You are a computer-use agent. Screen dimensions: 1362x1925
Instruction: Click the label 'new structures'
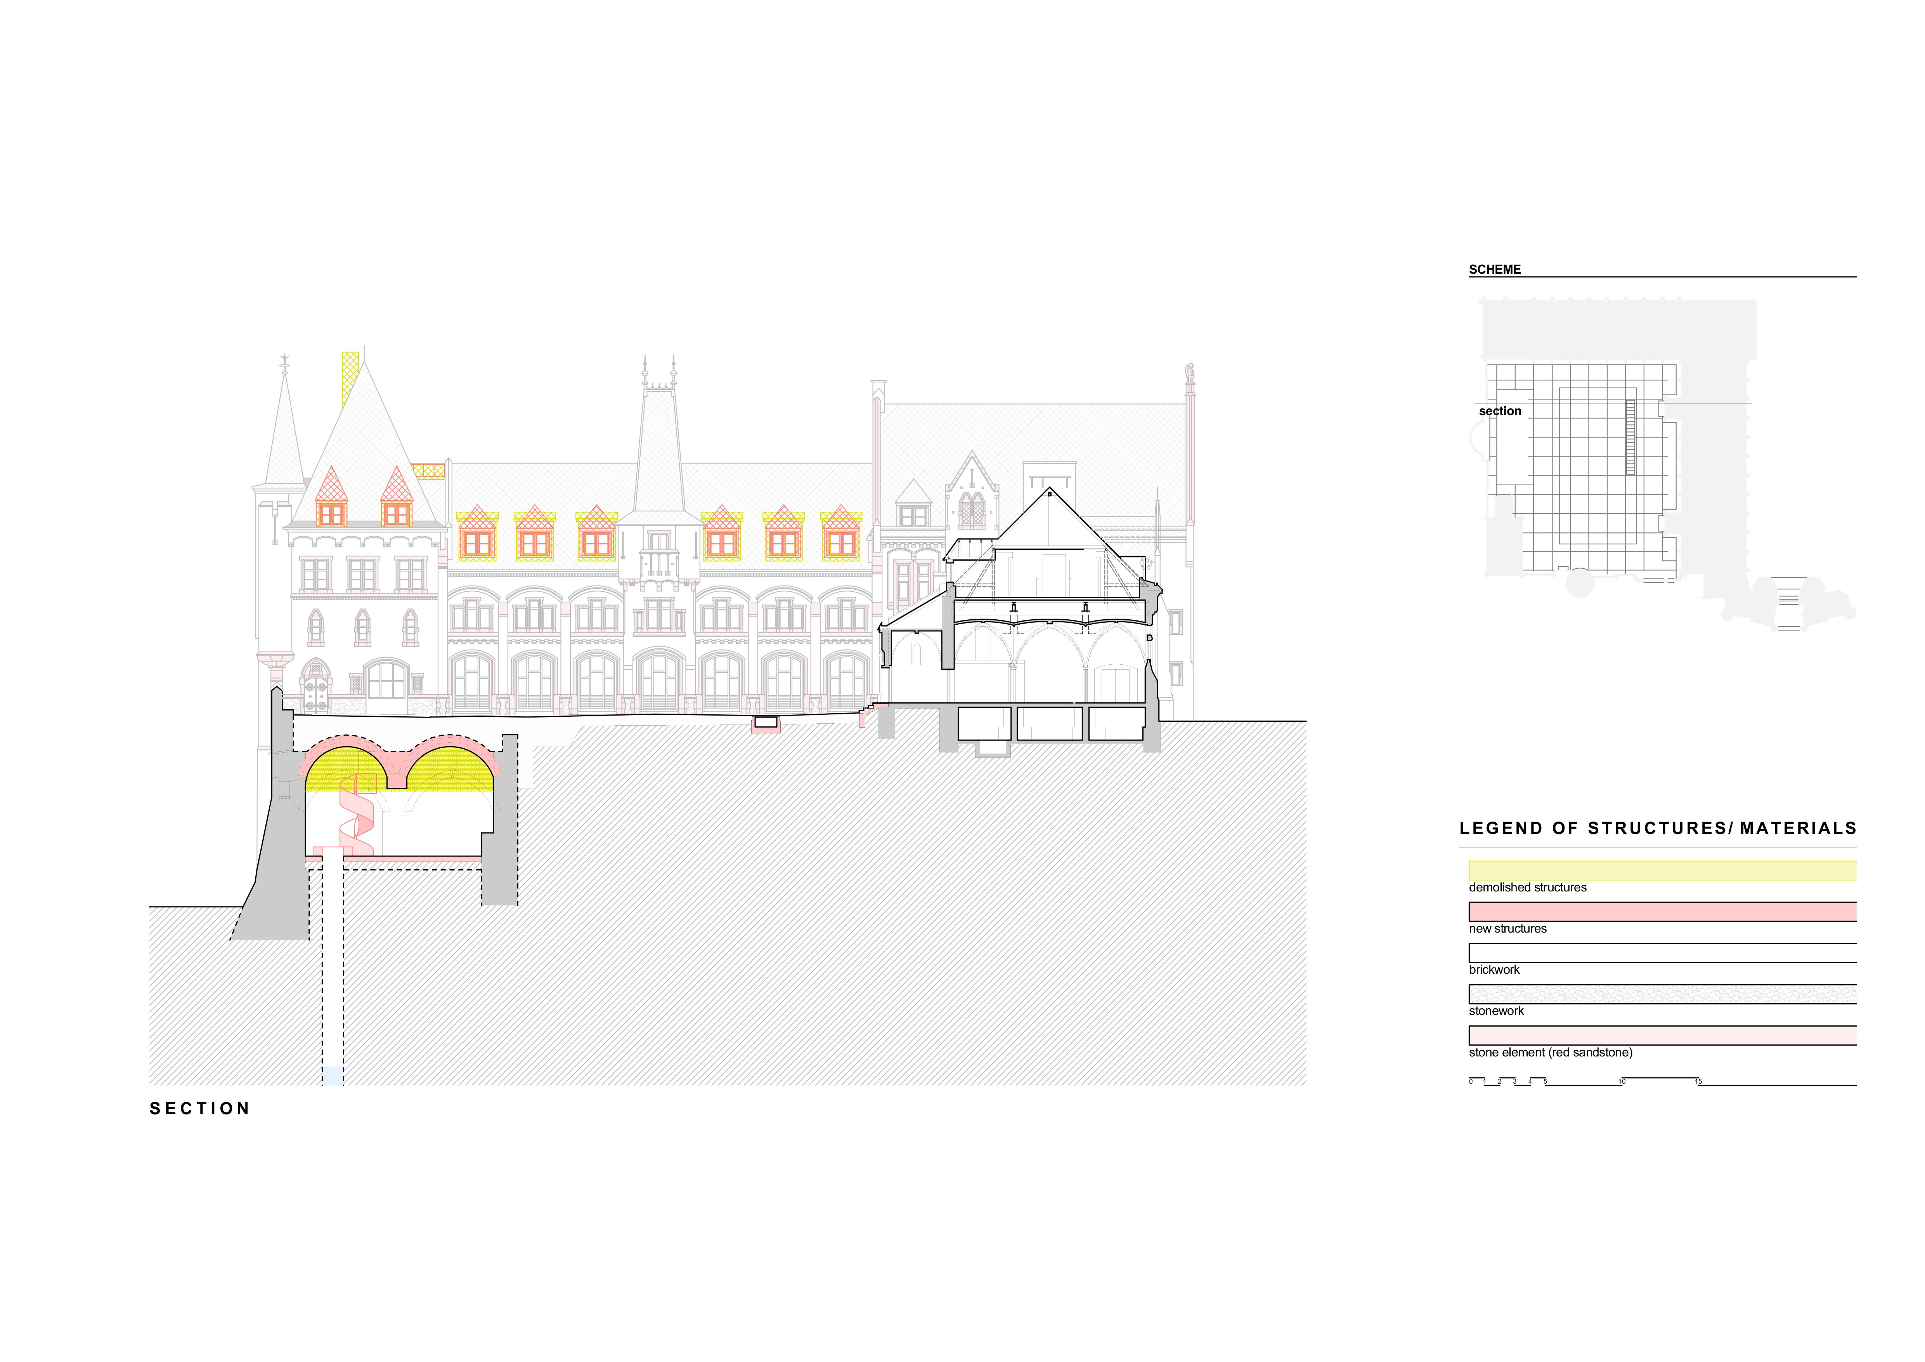(1507, 928)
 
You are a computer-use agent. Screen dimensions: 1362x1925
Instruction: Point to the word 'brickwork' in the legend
(1494, 969)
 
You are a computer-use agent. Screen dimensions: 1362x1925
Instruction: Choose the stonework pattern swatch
(1662, 994)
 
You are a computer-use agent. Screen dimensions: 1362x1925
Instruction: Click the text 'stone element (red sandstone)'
(1550, 1053)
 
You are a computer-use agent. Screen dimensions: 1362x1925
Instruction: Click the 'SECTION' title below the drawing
(199, 1109)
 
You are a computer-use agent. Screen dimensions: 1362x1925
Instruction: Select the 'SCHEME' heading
(1494, 269)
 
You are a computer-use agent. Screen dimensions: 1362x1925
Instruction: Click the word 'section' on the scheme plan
(1499, 411)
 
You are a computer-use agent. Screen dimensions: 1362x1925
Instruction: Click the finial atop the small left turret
(284, 362)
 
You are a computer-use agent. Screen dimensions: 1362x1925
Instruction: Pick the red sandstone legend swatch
(1662, 1035)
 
